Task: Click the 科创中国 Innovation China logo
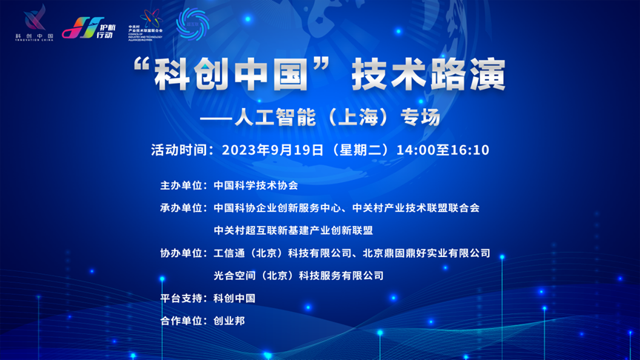pyautogui.click(x=35, y=23)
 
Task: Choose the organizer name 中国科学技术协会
pyautogui.click(x=255, y=185)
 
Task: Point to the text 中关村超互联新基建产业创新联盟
pyautogui.click(x=293, y=230)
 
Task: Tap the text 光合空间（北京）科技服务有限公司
pyautogui.click(x=299, y=276)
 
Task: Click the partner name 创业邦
pyautogui.click(x=229, y=321)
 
